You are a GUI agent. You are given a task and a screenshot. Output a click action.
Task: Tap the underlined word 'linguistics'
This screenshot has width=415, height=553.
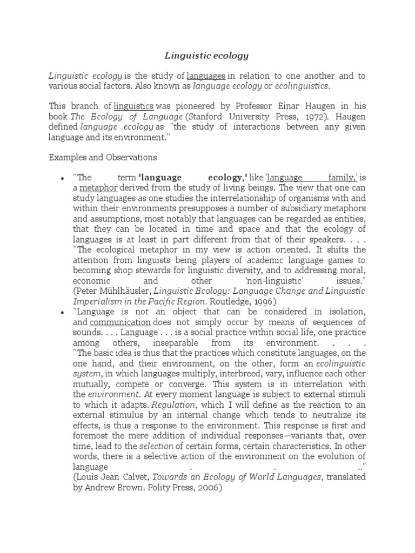coord(133,106)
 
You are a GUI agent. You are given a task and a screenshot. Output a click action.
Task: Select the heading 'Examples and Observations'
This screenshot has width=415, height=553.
coord(103,157)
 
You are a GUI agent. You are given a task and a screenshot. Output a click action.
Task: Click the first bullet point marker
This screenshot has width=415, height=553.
coord(63,178)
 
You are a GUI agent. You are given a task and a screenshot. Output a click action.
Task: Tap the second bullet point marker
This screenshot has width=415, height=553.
coord(63,312)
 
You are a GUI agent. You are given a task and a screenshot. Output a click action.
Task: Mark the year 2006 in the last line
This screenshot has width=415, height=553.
coord(209,487)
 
